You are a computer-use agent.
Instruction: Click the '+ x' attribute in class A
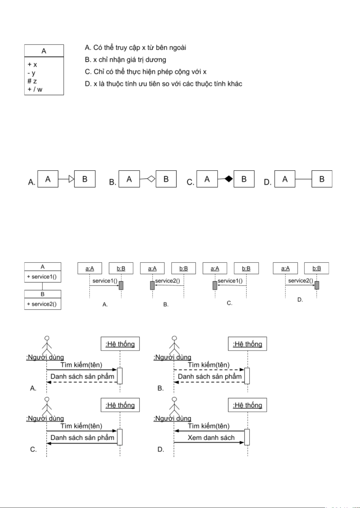32,65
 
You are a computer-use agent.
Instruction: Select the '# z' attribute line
32,81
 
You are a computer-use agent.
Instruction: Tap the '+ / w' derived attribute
35,89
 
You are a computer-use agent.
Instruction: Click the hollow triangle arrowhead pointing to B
71,179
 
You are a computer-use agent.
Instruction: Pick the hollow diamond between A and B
151,179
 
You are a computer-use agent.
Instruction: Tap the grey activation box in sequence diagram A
121,285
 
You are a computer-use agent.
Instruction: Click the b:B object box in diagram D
317,268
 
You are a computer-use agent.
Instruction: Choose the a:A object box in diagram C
215,268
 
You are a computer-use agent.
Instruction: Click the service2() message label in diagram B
167,281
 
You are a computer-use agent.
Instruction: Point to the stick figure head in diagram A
47,339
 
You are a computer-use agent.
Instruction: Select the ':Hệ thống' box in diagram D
247,405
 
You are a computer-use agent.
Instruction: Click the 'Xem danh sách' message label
211,437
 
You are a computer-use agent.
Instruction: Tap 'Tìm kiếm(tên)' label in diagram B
209,365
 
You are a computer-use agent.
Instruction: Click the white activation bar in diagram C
119,437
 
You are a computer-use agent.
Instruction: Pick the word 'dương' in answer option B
156,60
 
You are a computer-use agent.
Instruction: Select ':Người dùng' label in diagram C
45,418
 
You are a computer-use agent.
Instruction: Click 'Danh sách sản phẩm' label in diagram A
82,377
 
